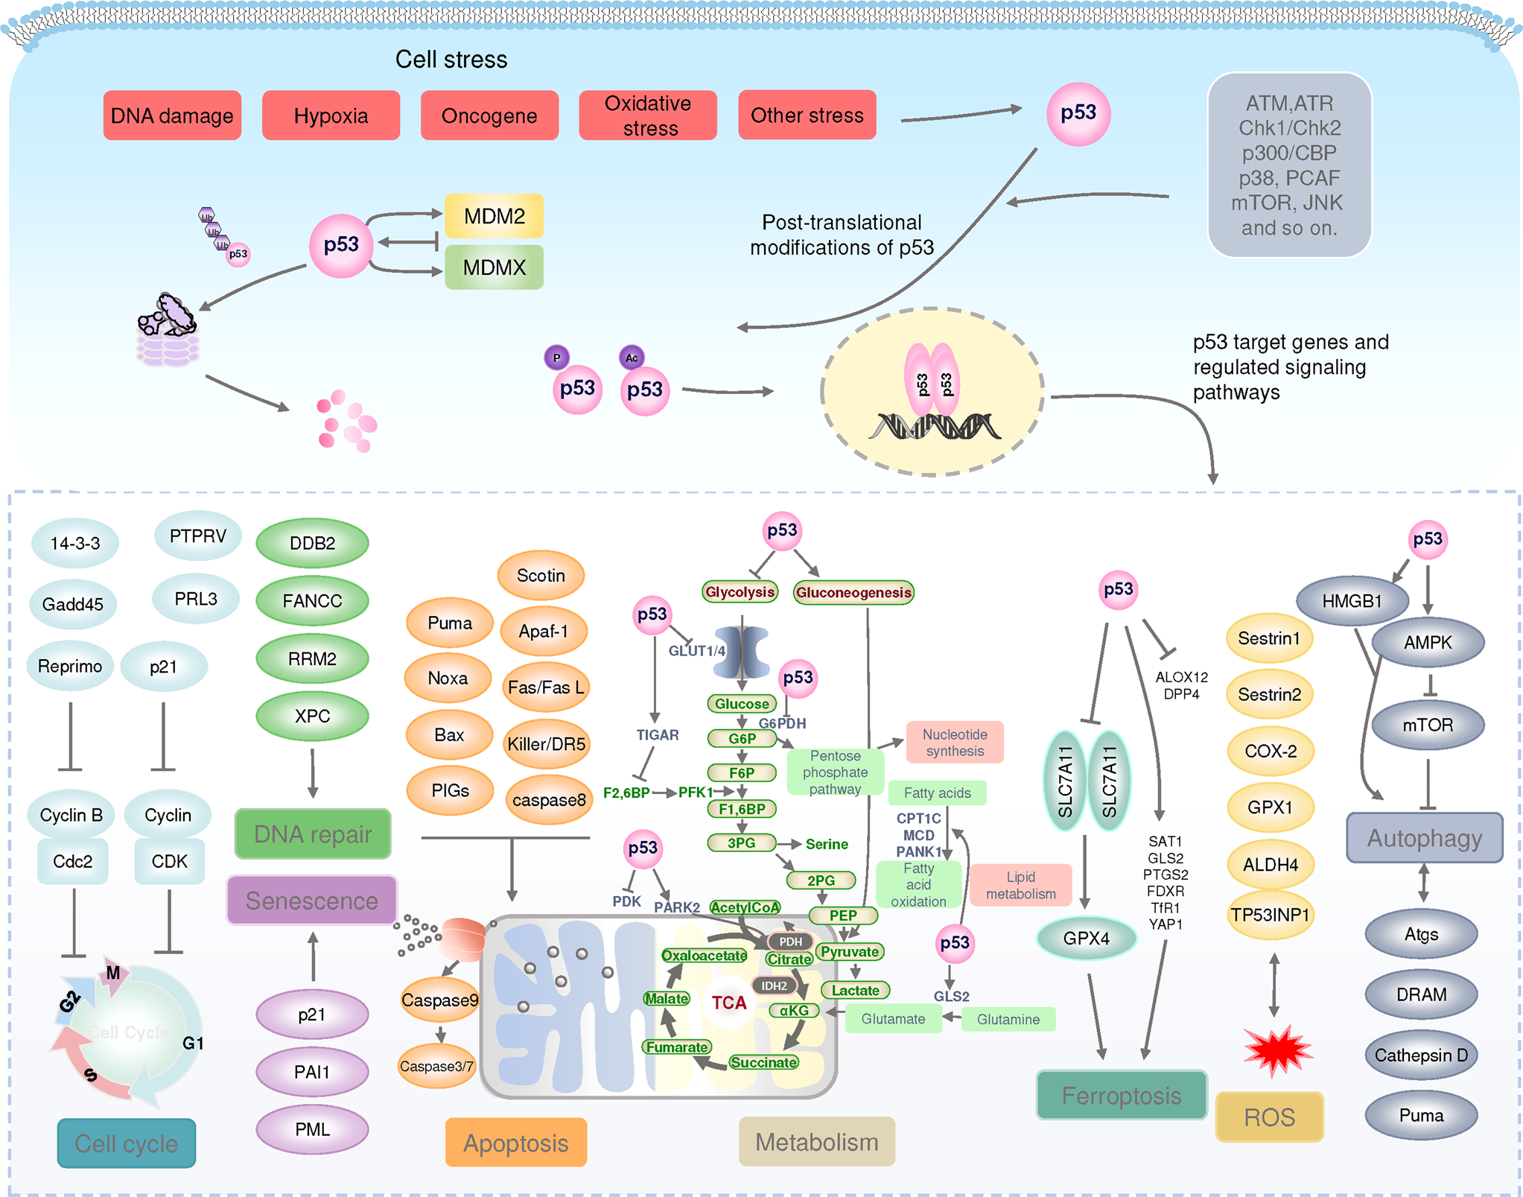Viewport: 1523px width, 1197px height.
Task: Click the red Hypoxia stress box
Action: (x=331, y=115)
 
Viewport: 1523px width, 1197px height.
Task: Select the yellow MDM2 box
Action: (x=494, y=216)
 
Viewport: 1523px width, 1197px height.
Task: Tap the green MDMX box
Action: (x=494, y=267)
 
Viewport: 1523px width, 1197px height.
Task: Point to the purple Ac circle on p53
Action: (x=632, y=358)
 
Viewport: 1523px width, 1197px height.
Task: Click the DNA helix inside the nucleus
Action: (x=935, y=427)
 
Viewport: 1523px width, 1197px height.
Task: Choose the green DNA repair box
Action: (x=313, y=834)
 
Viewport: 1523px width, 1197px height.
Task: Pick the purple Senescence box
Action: (x=312, y=901)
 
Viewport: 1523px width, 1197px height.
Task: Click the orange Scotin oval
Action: (x=541, y=576)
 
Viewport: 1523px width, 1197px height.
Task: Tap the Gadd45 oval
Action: (x=73, y=604)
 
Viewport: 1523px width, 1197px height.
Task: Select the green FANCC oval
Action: (x=312, y=600)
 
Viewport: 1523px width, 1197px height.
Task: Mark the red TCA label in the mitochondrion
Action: (x=728, y=1003)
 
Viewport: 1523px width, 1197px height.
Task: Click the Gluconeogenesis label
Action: (x=853, y=592)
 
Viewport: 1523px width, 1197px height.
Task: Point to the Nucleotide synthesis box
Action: (x=955, y=743)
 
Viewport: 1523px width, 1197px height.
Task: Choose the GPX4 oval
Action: (x=1086, y=939)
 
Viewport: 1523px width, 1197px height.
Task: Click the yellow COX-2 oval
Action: (x=1271, y=751)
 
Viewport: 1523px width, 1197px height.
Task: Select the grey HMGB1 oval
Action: (x=1352, y=601)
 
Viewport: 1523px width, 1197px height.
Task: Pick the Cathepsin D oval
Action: (x=1421, y=1055)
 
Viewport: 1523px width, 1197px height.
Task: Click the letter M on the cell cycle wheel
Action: (x=113, y=973)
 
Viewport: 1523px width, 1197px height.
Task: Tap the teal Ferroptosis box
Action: (x=1122, y=1096)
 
